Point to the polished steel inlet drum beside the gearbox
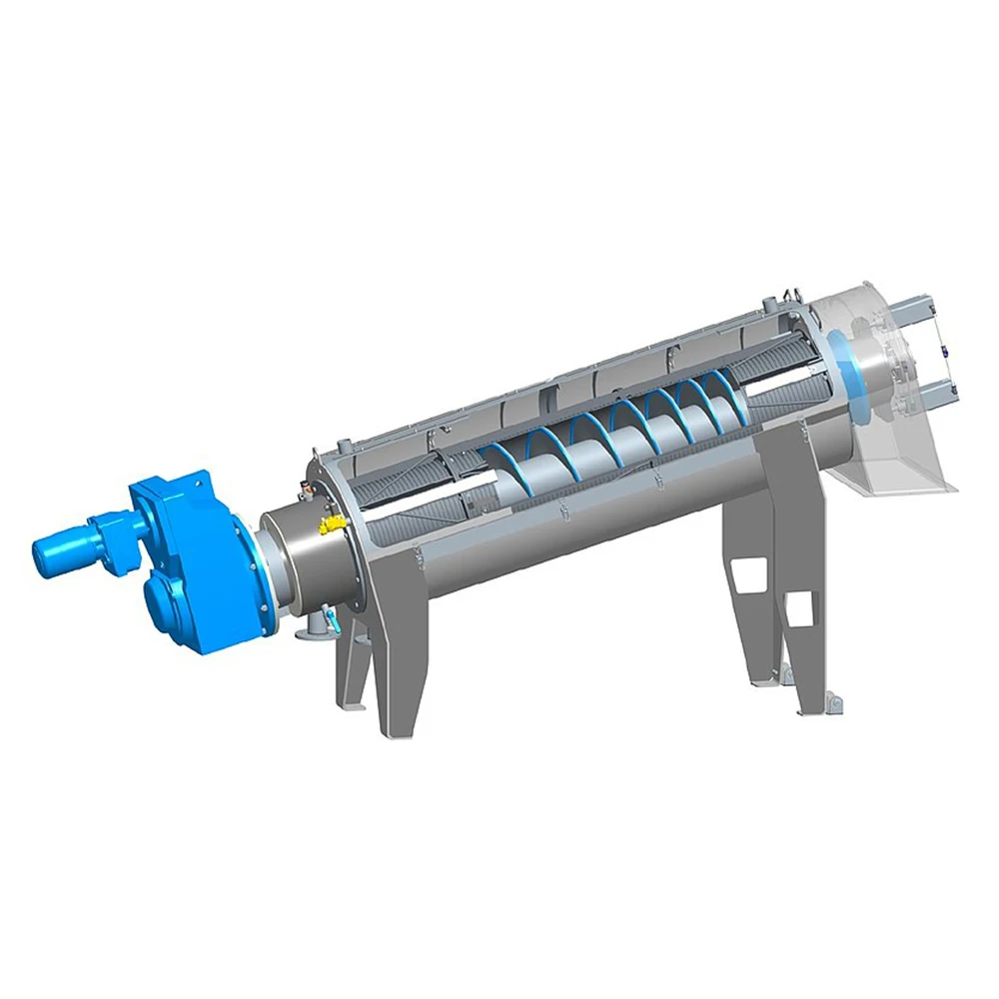[x=300, y=559]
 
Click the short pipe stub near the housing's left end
[x=344, y=445]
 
